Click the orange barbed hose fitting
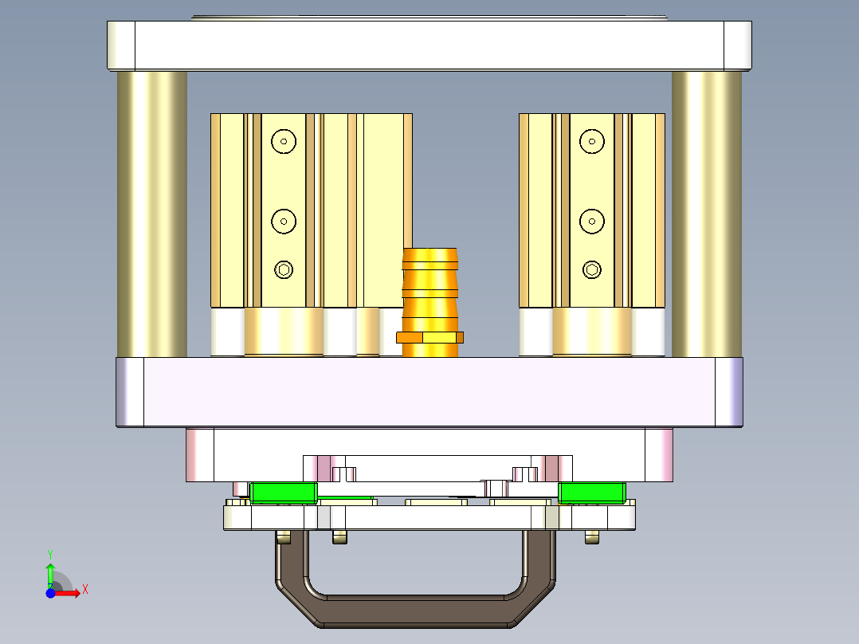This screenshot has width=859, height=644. coord(430,287)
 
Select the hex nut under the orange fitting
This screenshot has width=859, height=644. coord(430,337)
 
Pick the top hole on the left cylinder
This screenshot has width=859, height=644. coord(284,142)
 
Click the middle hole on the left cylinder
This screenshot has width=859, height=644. coord(284,222)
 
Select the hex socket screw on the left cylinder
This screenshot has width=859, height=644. coord(284,269)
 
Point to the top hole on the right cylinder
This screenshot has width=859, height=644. coord(591,142)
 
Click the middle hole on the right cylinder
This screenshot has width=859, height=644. coord(591,222)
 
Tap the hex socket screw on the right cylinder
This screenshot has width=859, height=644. coord(591,269)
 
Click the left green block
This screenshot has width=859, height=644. coord(283,493)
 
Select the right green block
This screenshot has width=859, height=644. coord(590,493)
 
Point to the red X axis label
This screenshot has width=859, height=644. coord(84,589)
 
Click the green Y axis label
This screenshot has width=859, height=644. coord(50,553)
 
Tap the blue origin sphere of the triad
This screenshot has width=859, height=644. coord(50,593)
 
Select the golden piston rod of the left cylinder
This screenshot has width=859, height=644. coord(284,332)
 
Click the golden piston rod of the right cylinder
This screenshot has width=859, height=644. coord(591,332)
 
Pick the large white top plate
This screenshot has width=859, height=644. coord(429,45)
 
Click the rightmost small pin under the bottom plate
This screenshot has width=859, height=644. coord(591,538)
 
